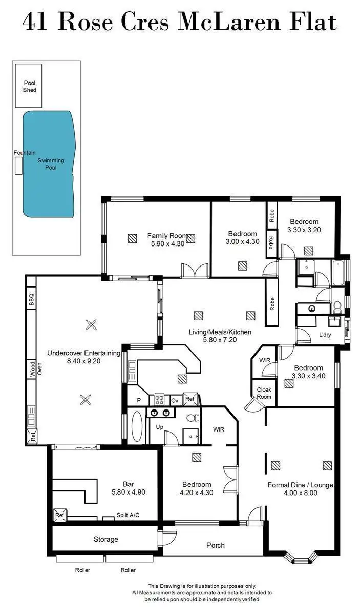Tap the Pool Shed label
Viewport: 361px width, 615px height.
[30, 86]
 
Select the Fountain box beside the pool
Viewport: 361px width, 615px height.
[19, 166]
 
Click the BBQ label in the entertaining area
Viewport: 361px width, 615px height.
[31, 299]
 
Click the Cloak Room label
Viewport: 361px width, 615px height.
[264, 393]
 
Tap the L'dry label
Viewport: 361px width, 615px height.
[325, 334]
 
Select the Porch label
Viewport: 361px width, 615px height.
[215, 545]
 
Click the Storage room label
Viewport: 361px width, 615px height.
[105, 539]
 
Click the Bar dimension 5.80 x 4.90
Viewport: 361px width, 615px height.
[128, 492]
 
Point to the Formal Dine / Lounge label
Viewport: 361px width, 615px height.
[300, 485]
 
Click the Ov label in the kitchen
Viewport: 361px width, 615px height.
[174, 399]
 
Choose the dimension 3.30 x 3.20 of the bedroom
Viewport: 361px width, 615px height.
[304, 230]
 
